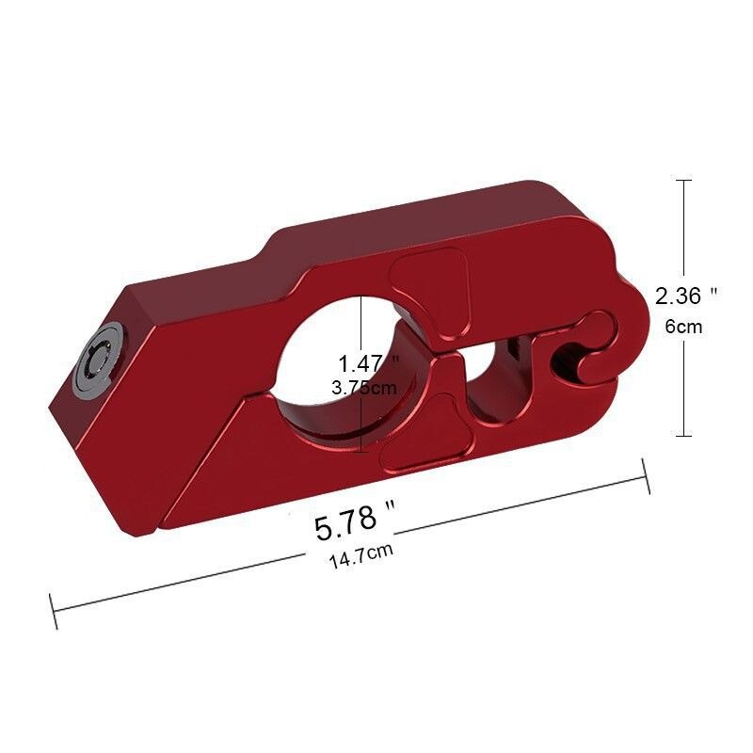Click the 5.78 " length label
354,521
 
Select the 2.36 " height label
686,296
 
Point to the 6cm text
685,327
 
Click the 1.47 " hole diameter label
368,361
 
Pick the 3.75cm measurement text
364,386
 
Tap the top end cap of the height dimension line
684,181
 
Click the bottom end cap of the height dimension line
684,435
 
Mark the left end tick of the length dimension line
54,612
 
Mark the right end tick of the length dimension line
647,475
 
